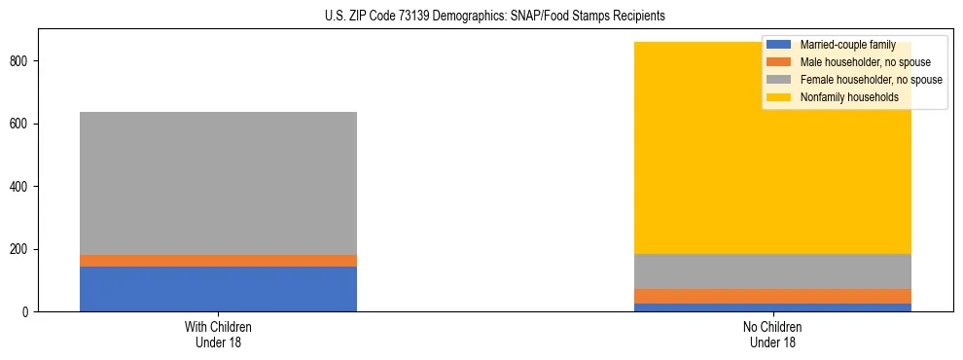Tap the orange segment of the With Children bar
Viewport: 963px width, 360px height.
[218, 261]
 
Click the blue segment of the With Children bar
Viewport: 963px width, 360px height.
[218, 289]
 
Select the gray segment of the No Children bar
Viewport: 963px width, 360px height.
[772, 271]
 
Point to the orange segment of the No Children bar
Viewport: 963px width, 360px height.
[772, 296]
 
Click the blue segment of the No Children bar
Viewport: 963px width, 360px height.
[772, 307]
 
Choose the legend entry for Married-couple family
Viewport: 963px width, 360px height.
[847, 45]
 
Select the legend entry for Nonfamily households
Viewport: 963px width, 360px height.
[849, 97]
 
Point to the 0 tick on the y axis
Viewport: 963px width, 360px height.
[28, 312]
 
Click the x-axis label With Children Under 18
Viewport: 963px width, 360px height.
[218, 335]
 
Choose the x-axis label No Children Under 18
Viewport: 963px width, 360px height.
[772, 335]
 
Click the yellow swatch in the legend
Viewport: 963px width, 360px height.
[779, 97]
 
